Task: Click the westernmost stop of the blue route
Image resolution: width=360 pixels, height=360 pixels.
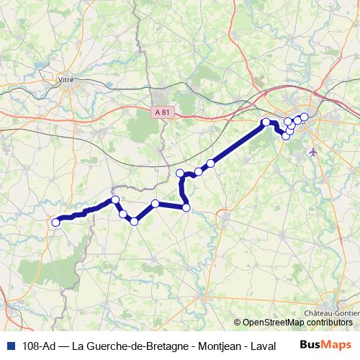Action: (x=55, y=222)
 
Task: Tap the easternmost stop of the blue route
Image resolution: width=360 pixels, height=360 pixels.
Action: (x=304, y=117)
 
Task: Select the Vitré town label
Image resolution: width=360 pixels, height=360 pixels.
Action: (x=68, y=80)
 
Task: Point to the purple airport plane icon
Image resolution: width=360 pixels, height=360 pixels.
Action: (x=312, y=151)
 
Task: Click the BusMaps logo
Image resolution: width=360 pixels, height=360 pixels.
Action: (x=325, y=345)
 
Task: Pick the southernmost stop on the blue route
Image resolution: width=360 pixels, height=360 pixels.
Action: (x=134, y=220)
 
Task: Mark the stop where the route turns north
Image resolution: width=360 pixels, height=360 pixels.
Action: (x=186, y=207)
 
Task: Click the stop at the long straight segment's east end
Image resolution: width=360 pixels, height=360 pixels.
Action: (x=266, y=122)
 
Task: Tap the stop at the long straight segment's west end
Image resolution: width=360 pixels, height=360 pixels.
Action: (x=211, y=163)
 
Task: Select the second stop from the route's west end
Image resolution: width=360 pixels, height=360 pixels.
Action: (x=114, y=199)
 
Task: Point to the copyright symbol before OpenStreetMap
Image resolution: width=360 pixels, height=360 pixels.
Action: (x=238, y=323)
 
